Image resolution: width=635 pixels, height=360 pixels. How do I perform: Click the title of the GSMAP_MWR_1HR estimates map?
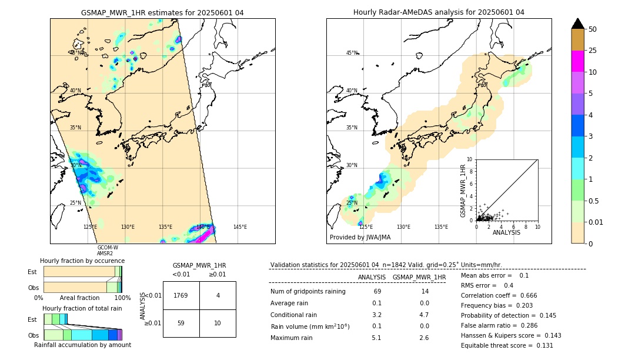162,12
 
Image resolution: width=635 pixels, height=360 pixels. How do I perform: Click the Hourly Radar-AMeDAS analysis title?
439,12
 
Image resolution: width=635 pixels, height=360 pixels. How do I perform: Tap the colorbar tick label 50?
593,29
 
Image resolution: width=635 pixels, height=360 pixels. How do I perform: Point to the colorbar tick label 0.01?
596,222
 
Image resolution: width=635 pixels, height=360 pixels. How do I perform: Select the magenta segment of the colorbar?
577,61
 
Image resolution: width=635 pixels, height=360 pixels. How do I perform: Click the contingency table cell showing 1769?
181,295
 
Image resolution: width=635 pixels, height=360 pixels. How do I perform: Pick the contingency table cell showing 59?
181,323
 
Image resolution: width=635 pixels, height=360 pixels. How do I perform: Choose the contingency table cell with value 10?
218,323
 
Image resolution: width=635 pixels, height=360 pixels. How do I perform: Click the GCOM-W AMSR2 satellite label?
108,251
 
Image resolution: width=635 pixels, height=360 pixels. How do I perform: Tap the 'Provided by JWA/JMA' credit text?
360,238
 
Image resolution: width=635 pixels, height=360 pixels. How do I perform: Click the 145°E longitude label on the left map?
240,227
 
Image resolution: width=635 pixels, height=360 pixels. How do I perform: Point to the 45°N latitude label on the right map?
352,53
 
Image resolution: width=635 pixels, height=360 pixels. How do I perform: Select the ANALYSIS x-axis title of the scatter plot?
506,233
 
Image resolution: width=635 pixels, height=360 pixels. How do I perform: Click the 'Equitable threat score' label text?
497,345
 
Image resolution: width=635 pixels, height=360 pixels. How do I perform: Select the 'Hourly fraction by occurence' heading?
82,261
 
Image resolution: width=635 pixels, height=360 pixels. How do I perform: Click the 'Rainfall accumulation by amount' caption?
82,345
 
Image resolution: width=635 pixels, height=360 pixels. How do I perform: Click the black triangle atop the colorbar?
577,24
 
